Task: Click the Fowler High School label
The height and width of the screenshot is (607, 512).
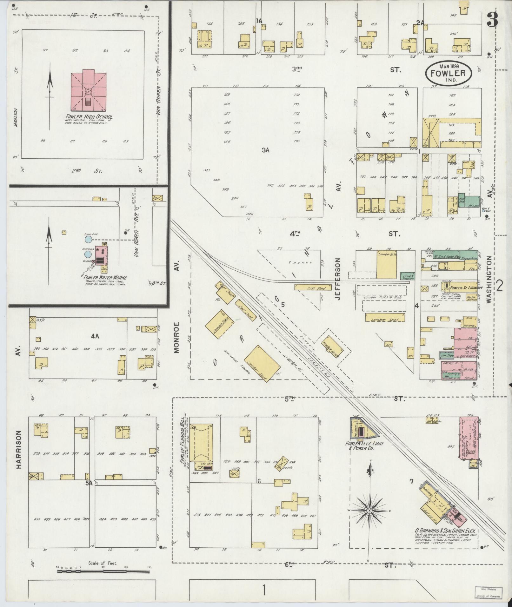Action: pos(89,117)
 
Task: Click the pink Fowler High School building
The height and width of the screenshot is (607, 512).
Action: pos(89,91)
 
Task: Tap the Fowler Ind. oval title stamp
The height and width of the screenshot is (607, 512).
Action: pos(448,73)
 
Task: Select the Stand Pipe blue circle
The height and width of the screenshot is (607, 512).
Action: pos(88,239)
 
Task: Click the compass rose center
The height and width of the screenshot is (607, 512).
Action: pos(369,511)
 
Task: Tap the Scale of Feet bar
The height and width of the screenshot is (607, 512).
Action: pos(103,571)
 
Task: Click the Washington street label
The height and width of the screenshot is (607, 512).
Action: pos(488,280)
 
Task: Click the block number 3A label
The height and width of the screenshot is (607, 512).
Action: pos(265,150)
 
